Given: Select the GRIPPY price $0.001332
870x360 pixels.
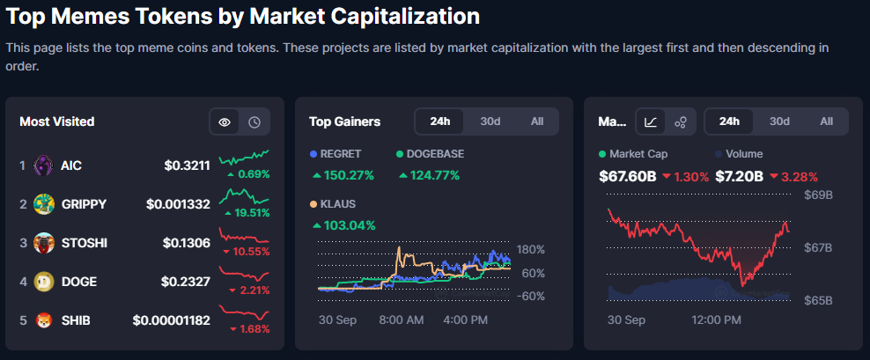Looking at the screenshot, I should coord(178,204).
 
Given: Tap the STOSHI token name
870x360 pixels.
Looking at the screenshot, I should coord(84,243).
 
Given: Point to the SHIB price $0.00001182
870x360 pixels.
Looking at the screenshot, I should coord(171,320).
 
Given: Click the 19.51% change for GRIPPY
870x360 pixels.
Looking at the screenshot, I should coord(248,213).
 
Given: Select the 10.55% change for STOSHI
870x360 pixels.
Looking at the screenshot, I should coord(247,252).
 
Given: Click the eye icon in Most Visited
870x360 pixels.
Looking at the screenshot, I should coord(225,121).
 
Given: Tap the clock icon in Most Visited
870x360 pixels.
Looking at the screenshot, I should coord(254,121).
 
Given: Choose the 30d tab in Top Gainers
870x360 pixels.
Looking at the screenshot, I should coord(490,121).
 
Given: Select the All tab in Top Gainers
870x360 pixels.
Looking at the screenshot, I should coord(537,121).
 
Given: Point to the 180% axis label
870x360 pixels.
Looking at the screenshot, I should coord(533,249).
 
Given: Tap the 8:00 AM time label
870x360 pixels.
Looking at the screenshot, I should coord(402,320).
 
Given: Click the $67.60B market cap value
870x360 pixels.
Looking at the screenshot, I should coord(627,176).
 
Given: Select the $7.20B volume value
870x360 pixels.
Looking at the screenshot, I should coord(739,176).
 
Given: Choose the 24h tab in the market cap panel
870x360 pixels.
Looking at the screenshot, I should coord(729,121).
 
